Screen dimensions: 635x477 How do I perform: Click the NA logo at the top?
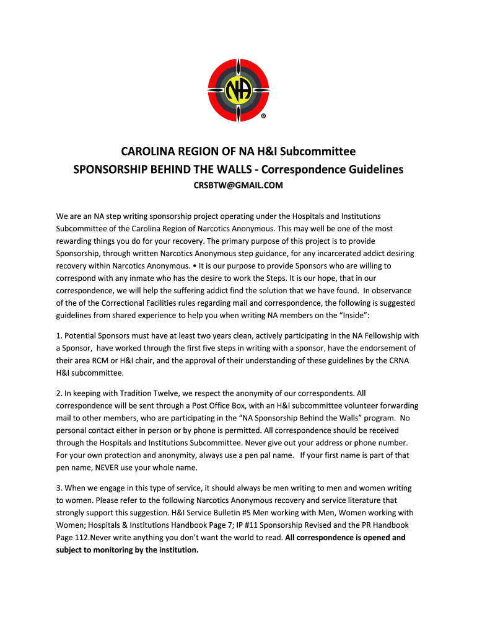click(239, 92)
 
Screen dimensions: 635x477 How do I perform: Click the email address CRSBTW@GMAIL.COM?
click(239, 185)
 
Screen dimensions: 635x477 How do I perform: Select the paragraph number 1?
click(58, 336)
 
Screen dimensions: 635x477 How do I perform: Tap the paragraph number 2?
click(58, 393)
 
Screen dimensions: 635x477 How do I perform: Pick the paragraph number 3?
click(58, 488)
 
